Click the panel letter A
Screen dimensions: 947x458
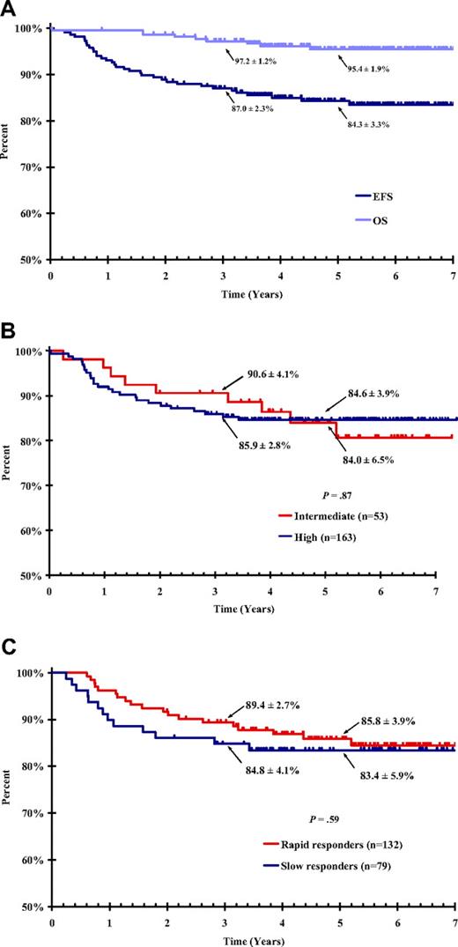click(x=8, y=8)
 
